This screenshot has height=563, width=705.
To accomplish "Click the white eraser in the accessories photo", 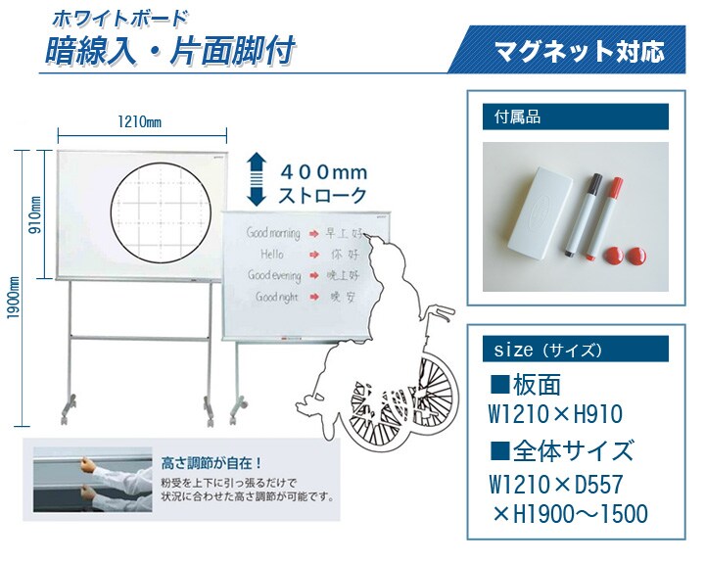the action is click(540, 213).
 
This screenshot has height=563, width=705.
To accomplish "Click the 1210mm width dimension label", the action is click(140, 121).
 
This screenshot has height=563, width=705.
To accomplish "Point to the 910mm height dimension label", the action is click(35, 214).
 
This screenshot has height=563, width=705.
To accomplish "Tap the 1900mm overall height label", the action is click(14, 298).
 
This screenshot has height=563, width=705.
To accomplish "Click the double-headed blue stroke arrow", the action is click(257, 179).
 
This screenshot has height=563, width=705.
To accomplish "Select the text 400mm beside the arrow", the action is click(324, 172).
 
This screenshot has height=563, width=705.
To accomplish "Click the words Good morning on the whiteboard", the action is click(273, 233).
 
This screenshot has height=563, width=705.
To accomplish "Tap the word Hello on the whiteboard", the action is click(272, 255).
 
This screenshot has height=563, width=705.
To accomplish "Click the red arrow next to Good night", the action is click(314, 297).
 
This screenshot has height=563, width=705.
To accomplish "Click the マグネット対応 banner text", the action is click(579, 51).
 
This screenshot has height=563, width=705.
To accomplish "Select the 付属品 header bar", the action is click(576, 117).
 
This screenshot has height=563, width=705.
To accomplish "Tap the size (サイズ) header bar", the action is click(576, 349).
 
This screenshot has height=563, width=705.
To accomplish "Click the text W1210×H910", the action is click(556, 414).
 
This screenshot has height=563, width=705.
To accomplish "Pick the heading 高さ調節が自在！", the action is click(211, 463).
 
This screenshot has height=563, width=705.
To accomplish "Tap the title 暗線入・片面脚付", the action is click(170, 50).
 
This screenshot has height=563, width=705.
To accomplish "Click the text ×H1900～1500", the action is click(570, 513).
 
